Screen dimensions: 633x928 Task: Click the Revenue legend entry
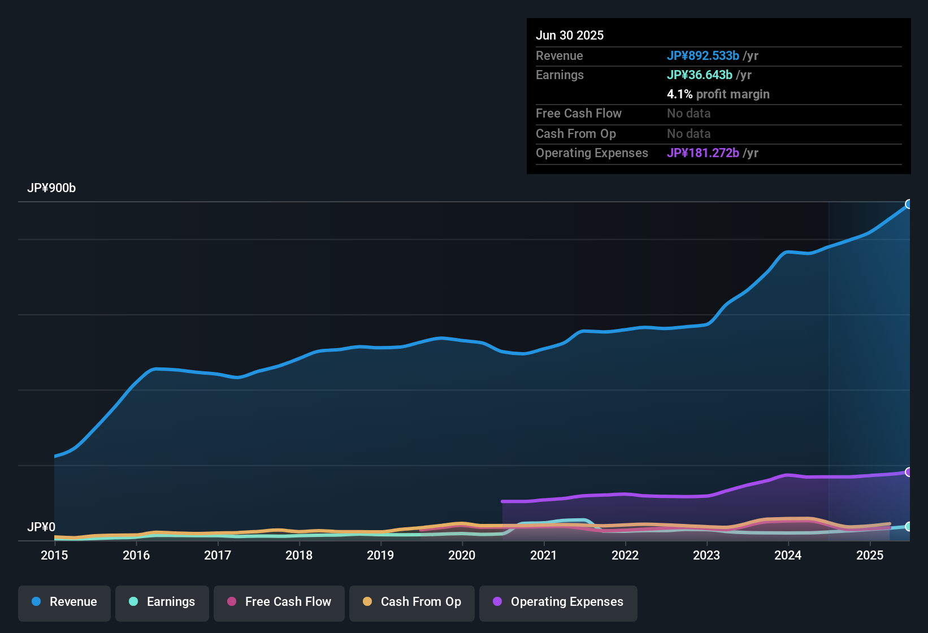[x=64, y=602]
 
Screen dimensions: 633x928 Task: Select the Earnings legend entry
[x=162, y=602]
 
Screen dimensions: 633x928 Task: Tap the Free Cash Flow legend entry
[x=279, y=602]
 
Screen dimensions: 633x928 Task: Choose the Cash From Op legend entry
[x=412, y=602]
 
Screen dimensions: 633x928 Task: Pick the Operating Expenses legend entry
[x=558, y=602]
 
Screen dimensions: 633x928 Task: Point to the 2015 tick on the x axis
[x=54, y=555]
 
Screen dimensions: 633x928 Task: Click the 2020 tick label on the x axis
[x=462, y=555]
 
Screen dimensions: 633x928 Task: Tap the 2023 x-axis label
[x=706, y=555]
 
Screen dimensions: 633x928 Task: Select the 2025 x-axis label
[x=870, y=555]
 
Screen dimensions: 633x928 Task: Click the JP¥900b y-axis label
[x=51, y=188]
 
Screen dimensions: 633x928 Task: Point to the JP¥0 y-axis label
[x=41, y=527]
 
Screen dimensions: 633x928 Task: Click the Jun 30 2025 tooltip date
[x=570, y=35]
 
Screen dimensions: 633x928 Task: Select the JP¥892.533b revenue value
[x=703, y=55]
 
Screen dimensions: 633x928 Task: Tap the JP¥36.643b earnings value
[x=700, y=75]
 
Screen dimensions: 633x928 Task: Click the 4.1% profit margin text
[x=718, y=94]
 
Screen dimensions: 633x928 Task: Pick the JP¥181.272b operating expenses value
[x=703, y=153]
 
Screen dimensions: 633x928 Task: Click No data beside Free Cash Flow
[x=689, y=113]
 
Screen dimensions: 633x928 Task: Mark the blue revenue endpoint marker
[x=909, y=204]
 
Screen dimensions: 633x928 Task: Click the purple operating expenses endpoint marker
[x=909, y=472]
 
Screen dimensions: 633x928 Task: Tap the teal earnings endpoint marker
[x=909, y=526]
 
